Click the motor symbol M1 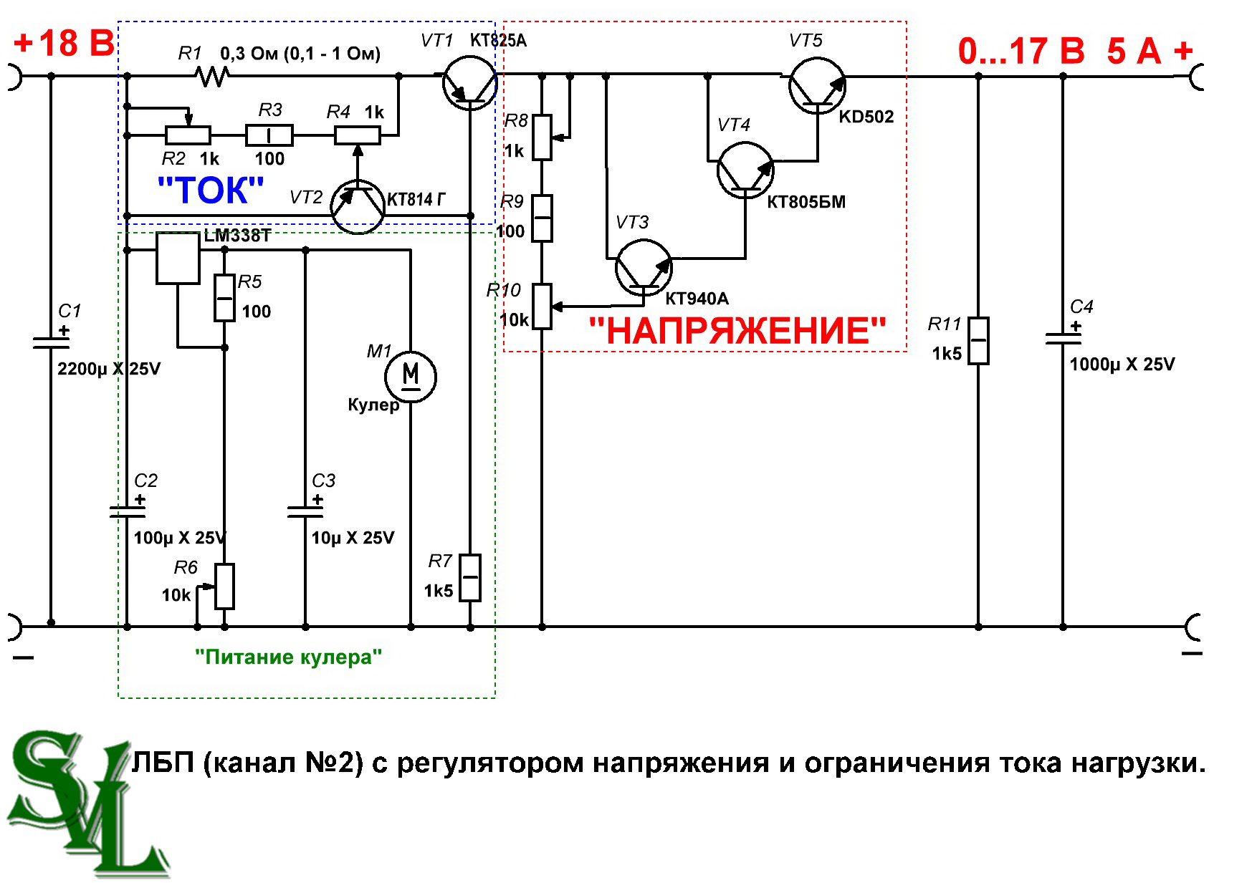pos(411,375)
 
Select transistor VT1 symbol pos(469,84)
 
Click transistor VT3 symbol pos(644,268)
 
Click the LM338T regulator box pos(178,259)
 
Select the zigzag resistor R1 pos(213,75)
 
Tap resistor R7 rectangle pos(470,577)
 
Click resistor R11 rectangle pos(978,341)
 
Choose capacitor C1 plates pos(51,342)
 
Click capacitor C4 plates pos(1063,339)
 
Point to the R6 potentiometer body pos(225,587)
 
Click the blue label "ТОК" pos(211,190)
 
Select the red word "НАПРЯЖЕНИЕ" pos(737,332)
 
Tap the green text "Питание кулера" pos(288,657)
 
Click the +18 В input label pos(64,43)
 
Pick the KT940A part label pos(697,299)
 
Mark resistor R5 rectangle pos(225,297)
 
